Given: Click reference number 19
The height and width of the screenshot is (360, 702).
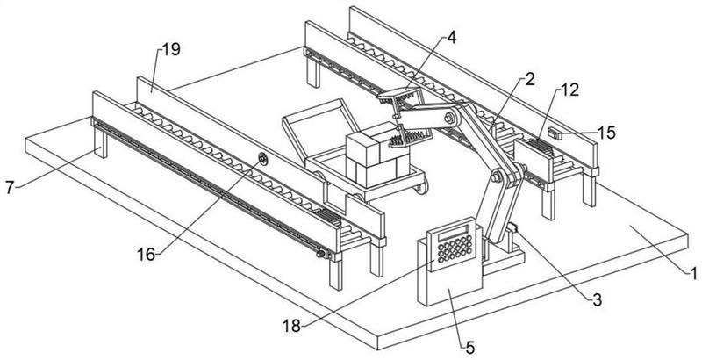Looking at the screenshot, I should (170, 50).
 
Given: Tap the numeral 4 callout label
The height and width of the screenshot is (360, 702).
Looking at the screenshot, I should (451, 40).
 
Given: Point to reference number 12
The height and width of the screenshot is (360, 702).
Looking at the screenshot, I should (570, 89).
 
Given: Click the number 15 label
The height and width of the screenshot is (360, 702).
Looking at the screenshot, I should (605, 133).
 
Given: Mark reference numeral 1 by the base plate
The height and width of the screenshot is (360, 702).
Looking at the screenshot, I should (693, 274).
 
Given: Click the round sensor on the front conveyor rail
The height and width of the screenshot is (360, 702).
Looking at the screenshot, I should (262, 159).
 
